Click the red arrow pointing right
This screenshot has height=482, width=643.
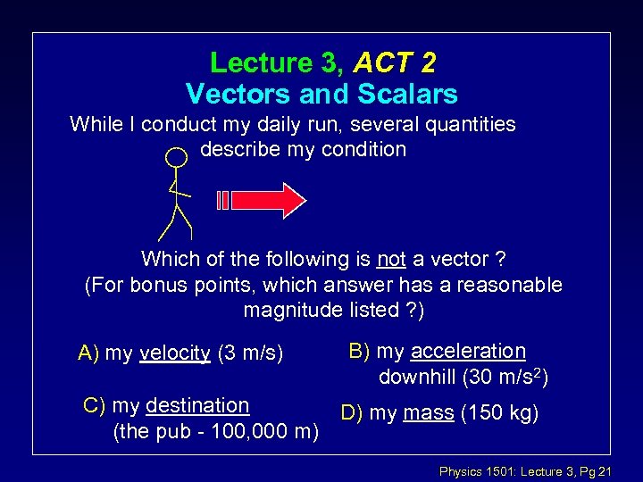(268, 200)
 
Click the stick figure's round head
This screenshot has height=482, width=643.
(178, 157)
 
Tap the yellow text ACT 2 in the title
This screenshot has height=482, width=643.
(395, 62)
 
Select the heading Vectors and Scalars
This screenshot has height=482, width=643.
(321, 93)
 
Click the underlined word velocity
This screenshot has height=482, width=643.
(175, 353)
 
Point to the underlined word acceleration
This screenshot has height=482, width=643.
(469, 351)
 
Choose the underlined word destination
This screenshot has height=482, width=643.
(196, 405)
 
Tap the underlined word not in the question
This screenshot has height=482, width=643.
(391, 259)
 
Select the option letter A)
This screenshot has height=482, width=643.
(89, 353)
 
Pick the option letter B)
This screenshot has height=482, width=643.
(358, 351)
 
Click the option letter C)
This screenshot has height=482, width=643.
(95, 405)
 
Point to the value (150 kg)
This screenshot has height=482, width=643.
(497, 412)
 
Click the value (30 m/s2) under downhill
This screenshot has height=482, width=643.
(504, 377)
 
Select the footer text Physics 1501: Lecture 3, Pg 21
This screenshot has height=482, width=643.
(525, 470)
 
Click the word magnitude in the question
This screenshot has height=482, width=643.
(289, 310)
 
